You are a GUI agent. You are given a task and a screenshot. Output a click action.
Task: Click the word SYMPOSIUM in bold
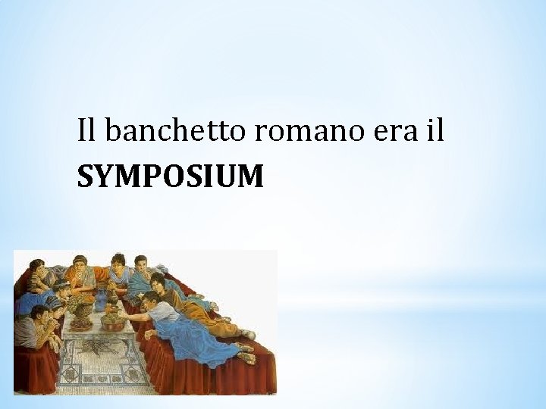[171, 177]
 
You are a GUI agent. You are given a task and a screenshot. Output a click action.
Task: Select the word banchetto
[177, 132]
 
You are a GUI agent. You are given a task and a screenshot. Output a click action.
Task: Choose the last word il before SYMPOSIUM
[434, 132]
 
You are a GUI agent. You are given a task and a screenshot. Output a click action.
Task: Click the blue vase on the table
[100, 300]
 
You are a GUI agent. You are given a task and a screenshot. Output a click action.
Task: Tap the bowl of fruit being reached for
[113, 321]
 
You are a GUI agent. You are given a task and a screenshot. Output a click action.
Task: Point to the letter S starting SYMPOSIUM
[85, 177]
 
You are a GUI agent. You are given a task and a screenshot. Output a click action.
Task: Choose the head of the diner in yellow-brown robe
[158, 282]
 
